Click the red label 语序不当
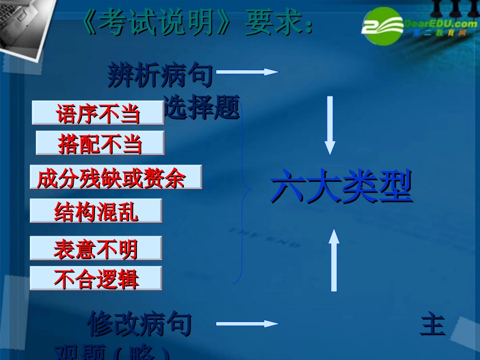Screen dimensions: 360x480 (98, 113)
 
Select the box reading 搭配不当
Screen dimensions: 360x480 (100, 143)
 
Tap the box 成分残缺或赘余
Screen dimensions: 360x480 (116, 177)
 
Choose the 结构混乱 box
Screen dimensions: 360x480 (96, 211)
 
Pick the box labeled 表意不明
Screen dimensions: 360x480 (96, 248)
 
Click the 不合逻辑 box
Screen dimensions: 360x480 (96, 278)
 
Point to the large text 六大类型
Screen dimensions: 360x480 (342, 187)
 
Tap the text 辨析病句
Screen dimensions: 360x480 (160, 77)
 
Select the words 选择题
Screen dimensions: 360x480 (202, 109)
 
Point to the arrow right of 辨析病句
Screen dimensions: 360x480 (248, 72)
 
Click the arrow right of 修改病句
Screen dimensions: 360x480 (248, 324)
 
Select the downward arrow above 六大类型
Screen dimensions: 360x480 (330, 125)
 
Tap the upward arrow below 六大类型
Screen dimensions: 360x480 (334, 260)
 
